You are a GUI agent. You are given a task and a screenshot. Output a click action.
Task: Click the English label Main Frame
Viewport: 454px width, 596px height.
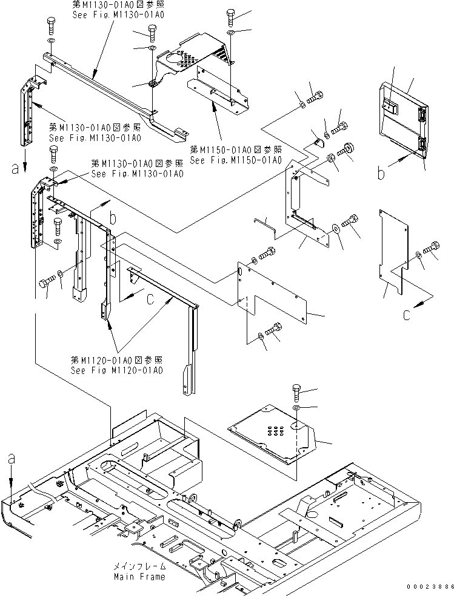[139, 577]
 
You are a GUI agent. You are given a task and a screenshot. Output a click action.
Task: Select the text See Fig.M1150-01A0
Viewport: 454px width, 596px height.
[235, 160]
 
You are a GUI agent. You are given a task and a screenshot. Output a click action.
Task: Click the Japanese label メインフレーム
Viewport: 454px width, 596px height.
[139, 568]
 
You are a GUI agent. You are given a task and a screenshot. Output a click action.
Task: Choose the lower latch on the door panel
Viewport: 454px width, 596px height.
[422, 144]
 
